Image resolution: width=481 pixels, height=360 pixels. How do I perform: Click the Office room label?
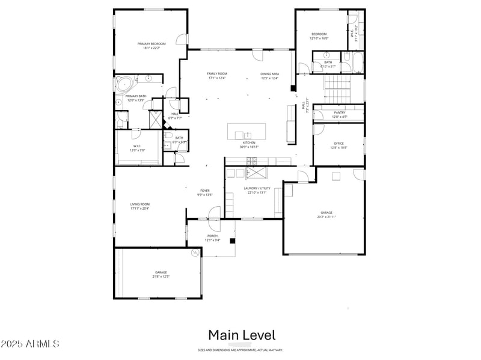point(339,145)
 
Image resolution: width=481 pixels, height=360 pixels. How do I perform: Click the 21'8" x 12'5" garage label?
point(161,274)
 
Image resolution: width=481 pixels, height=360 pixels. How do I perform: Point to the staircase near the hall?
point(337,90)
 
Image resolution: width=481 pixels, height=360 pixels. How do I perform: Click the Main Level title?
point(242,335)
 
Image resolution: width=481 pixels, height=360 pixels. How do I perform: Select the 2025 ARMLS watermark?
point(30,344)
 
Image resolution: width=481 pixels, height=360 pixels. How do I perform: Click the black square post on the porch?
point(231,241)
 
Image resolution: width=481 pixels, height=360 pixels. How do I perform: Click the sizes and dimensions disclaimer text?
point(240,350)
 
